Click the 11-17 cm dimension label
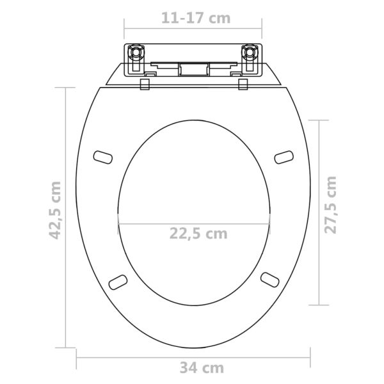[196, 18]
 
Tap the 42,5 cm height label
[55, 211]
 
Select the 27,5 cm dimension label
[330, 205]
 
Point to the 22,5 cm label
[198, 234]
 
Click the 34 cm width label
[202, 367]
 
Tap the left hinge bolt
[135, 52]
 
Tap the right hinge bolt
[250, 52]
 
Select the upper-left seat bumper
[103, 157]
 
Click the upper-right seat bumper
[284, 157]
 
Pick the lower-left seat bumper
[118, 282]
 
